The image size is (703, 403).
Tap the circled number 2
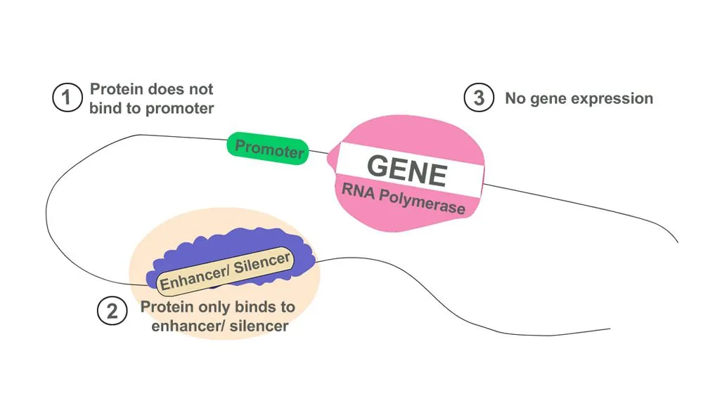tap(112, 312)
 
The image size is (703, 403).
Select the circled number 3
tap(479, 98)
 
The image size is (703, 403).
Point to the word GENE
tap(406, 170)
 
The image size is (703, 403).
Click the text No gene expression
tap(579, 98)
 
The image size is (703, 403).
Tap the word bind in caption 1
tap(104, 109)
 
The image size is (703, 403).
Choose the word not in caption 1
tap(199, 90)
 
